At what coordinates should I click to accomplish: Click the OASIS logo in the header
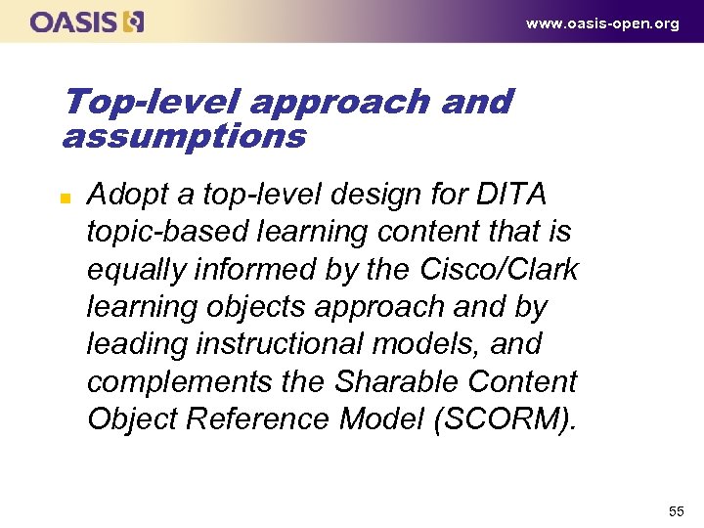coord(87,22)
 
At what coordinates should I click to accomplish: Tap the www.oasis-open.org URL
coord(602,23)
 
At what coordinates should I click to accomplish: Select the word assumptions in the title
coord(183,136)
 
